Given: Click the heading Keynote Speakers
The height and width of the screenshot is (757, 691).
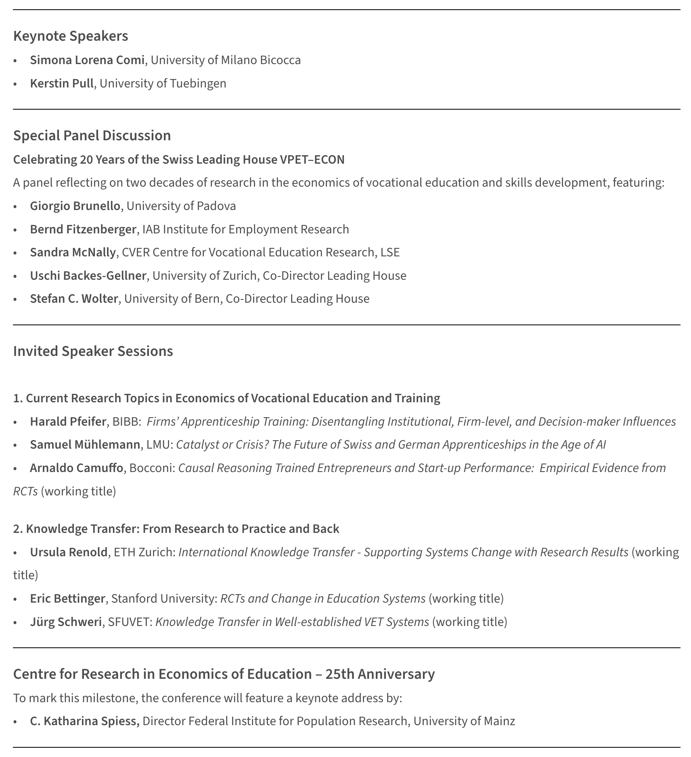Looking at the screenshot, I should (71, 36).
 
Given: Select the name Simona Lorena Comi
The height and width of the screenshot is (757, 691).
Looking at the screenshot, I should (87, 60).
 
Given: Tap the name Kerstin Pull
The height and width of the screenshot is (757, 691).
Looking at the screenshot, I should (62, 83).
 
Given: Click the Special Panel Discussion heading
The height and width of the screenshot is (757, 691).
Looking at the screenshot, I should (92, 135).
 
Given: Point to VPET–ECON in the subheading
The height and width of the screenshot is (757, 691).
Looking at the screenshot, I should (312, 160).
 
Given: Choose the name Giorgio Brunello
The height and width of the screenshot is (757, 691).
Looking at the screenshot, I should (75, 206).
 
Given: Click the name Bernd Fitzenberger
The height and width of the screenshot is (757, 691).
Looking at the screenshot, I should (83, 229).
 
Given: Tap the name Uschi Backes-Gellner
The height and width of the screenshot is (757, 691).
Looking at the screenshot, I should (88, 276).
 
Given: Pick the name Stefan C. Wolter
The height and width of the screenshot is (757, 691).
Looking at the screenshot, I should (74, 299).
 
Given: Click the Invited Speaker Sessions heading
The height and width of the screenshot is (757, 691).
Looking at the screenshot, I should (93, 351).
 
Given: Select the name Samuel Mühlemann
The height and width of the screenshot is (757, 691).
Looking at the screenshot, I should (85, 445).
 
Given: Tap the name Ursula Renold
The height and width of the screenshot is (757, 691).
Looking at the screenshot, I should (69, 552).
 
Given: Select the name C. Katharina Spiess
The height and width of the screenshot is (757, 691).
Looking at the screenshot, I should (84, 721).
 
